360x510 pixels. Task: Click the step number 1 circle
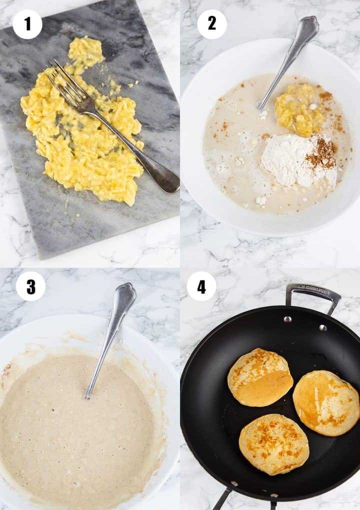point(27,24)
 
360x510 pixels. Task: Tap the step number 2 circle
point(212,24)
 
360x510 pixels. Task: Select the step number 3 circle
point(30,286)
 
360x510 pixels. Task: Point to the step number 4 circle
point(201,286)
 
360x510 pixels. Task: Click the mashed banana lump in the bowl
point(298,109)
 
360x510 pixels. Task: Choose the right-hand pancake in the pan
point(326,402)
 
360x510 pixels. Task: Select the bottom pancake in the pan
point(273,444)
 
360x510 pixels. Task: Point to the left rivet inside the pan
point(287,319)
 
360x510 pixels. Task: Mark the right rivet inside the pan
point(323,328)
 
